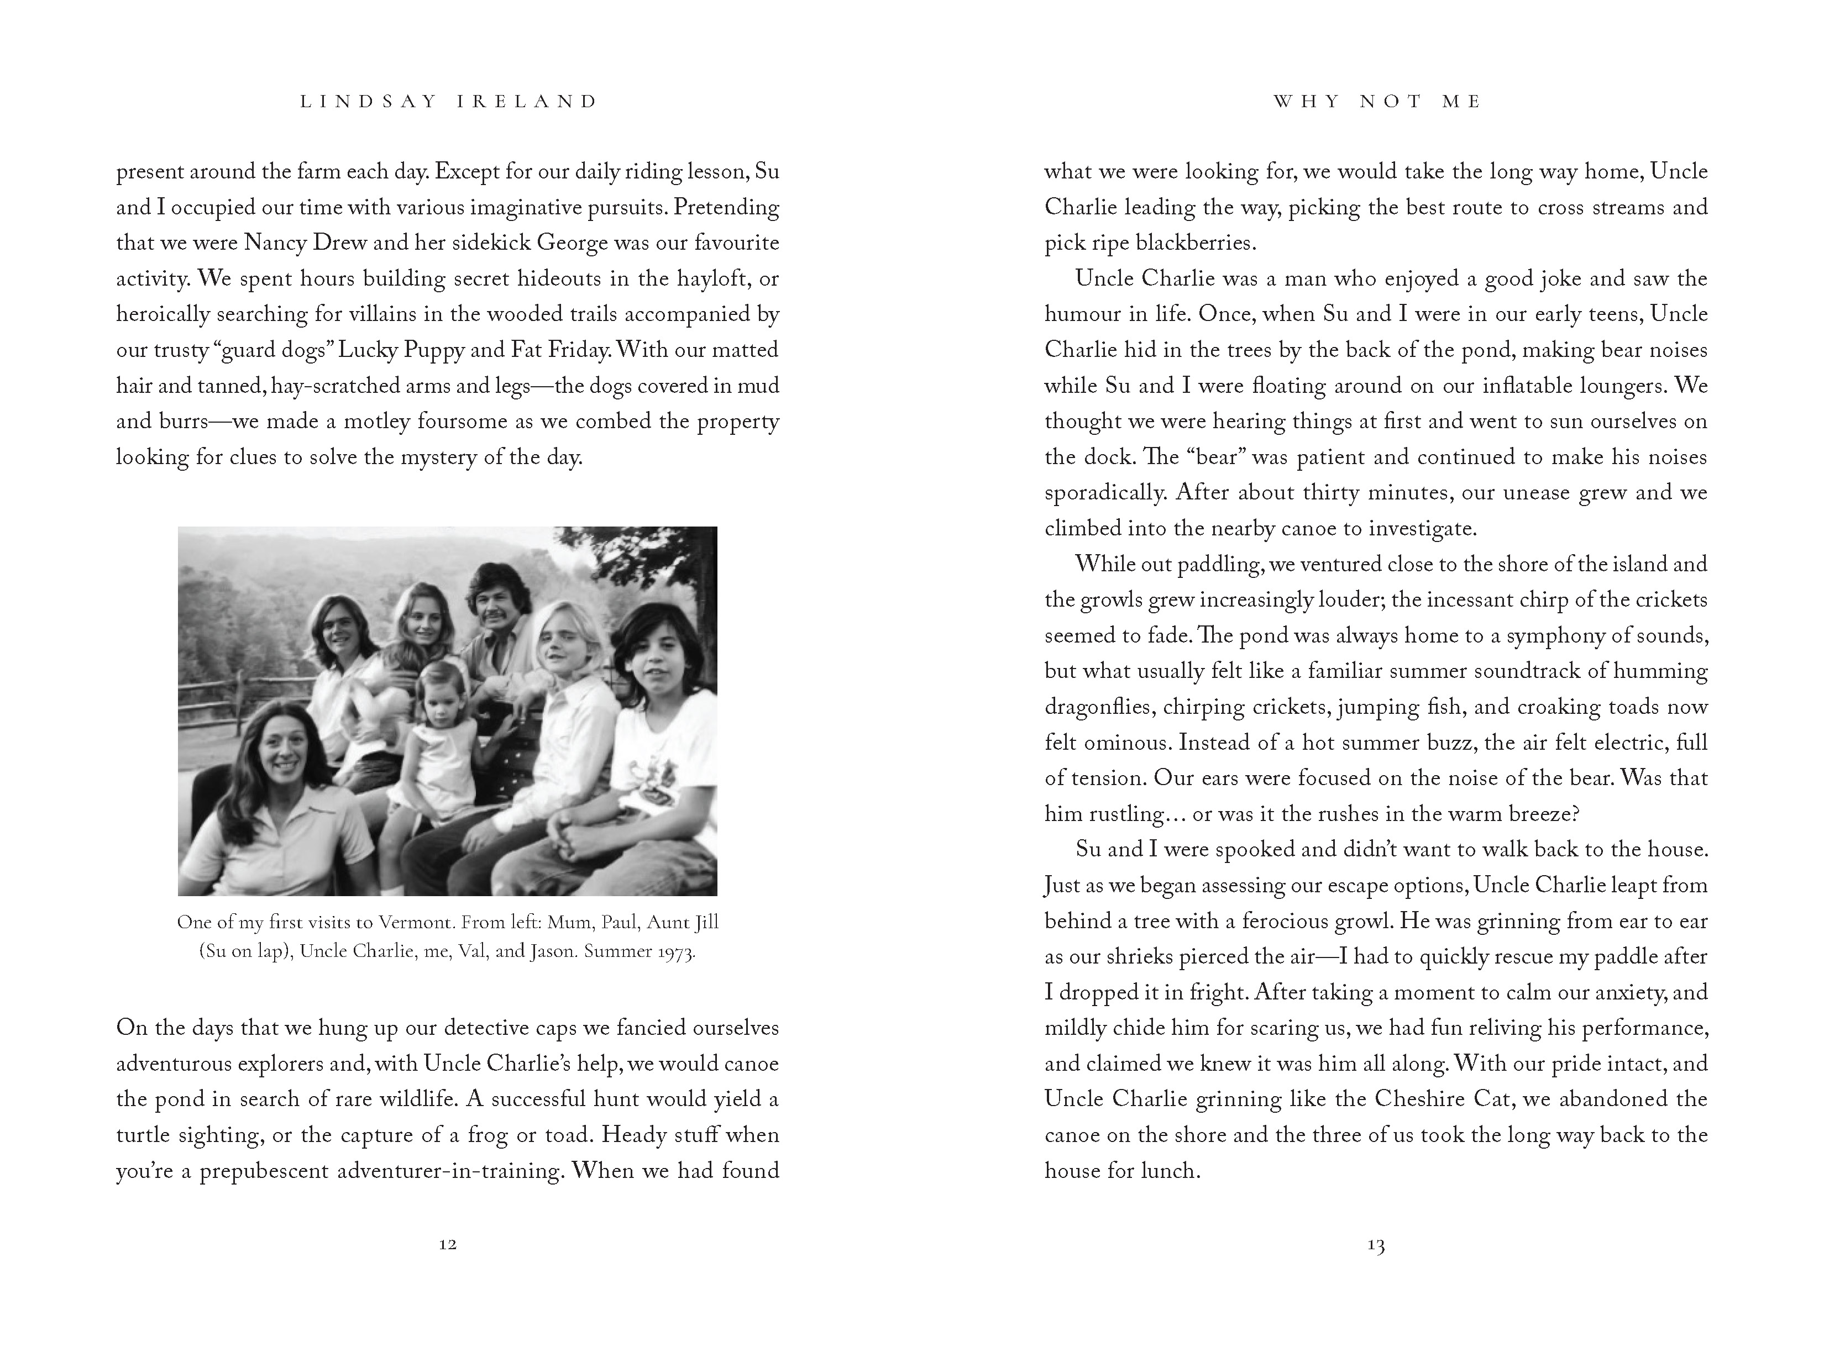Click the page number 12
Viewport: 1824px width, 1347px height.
click(x=447, y=1244)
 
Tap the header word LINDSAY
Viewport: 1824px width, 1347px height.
click(x=369, y=102)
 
